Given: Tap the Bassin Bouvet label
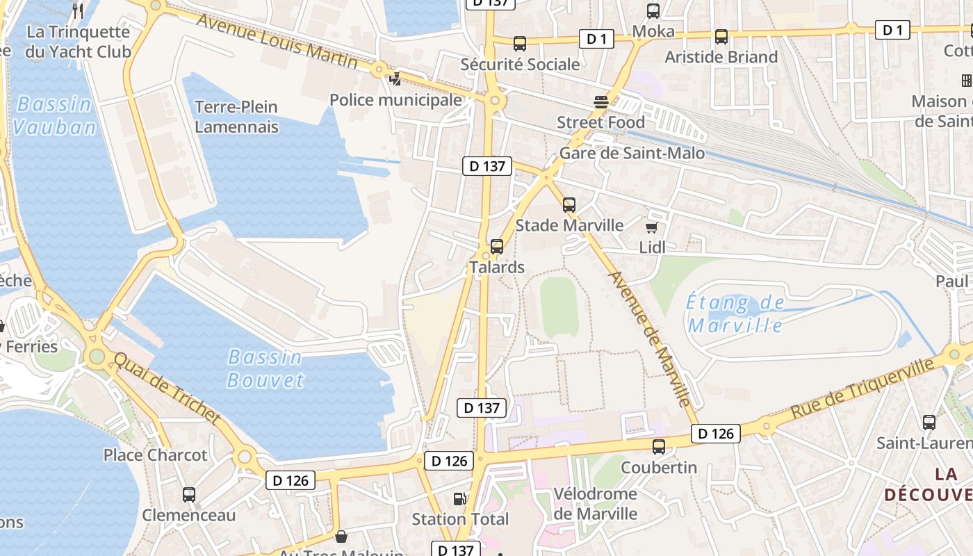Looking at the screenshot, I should pyautogui.click(x=265, y=369).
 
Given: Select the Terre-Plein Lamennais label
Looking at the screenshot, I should pyautogui.click(x=236, y=117).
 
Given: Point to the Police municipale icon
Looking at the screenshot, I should pyautogui.click(x=395, y=79).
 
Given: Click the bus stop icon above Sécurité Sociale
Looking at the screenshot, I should pyautogui.click(x=519, y=44).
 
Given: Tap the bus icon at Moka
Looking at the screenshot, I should pyautogui.click(x=653, y=11).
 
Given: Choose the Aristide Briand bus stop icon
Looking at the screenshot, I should pyautogui.click(x=721, y=37).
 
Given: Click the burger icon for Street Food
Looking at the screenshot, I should pyautogui.click(x=601, y=102).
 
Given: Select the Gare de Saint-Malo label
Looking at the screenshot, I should pyautogui.click(x=632, y=154).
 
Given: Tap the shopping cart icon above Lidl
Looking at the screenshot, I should pyautogui.click(x=652, y=227).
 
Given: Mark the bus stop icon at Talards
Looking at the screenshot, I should pyautogui.click(x=497, y=247).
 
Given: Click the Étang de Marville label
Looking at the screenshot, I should pyautogui.click(x=735, y=314).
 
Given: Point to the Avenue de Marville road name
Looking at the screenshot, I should pyautogui.click(x=650, y=338).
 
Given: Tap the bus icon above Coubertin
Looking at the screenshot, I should pyautogui.click(x=659, y=447).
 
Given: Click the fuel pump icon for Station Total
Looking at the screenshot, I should pyautogui.click(x=459, y=498).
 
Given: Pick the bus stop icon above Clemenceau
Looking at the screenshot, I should pyautogui.click(x=189, y=495).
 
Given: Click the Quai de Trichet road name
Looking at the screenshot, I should pyautogui.click(x=167, y=389).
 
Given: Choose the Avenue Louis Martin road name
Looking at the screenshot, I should pyautogui.click(x=277, y=40).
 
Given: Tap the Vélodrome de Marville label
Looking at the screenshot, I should pyautogui.click(x=595, y=504).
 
